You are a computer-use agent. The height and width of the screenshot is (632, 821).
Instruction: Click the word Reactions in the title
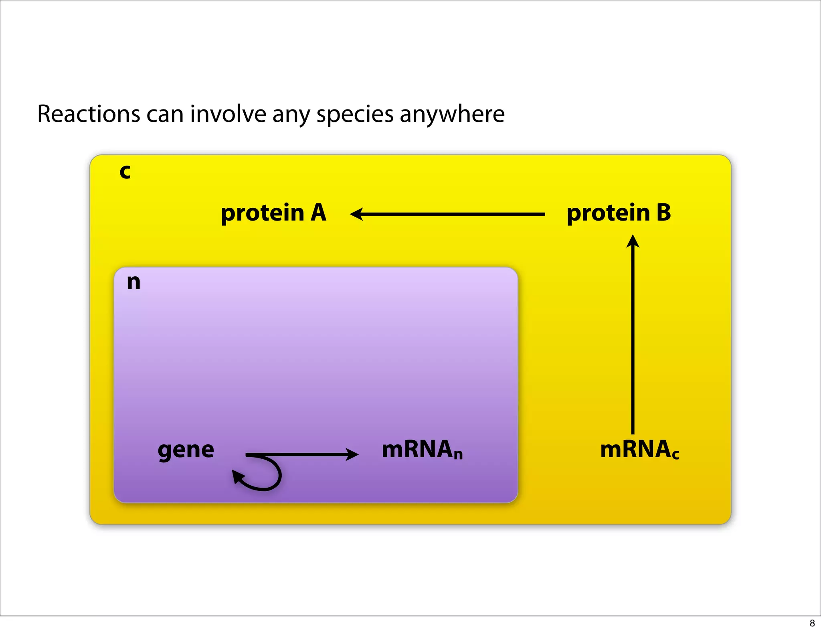(x=88, y=114)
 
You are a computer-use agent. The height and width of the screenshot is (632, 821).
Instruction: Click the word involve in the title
(x=228, y=114)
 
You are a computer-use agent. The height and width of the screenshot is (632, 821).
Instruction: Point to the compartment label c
(x=125, y=172)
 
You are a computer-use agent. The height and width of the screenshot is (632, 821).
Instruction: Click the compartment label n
(x=133, y=282)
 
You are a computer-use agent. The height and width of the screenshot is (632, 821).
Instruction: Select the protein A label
(x=273, y=213)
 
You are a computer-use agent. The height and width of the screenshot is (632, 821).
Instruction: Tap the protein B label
(x=618, y=213)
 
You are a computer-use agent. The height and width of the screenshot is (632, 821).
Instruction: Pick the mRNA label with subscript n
(x=422, y=450)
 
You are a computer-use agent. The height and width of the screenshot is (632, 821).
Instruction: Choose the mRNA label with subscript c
(x=639, y=450)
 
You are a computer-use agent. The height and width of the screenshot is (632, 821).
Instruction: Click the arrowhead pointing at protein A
(x=356, y=214)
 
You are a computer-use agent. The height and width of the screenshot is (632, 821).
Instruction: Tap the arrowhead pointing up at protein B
(x=633, y=241)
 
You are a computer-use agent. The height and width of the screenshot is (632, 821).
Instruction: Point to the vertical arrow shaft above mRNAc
(x=633, y=341)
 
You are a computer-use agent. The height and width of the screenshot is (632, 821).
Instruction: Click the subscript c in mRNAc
(x=675, y=455)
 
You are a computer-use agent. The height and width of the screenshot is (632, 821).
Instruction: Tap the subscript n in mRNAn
(x=458, y=455)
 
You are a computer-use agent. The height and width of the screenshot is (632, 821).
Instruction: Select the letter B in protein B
(x=663, y=213)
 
